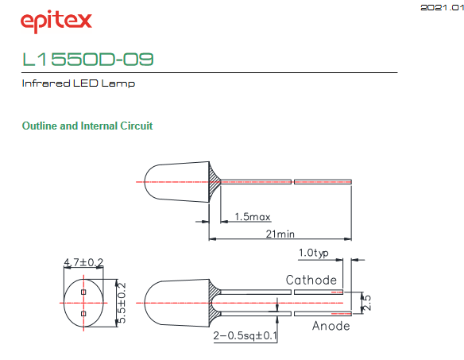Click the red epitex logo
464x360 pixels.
coord(56,21)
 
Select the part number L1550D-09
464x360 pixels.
coord(88,59)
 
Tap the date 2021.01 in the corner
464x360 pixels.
coord(442,7)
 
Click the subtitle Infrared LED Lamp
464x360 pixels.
coord(79,83)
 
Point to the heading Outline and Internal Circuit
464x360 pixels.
coord(87,126)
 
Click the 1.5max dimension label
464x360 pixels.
coord(253,217)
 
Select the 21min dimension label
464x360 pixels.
coord(280,234)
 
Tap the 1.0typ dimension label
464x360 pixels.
coord(313,254)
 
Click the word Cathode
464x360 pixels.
coord(311,280)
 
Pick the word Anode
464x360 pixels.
coord(331,326)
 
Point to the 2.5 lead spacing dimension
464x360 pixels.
coord(367,303)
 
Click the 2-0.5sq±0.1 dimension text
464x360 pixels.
coord(245,335)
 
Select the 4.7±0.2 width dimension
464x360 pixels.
coord(83,262)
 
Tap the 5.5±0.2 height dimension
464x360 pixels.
coord(122,303)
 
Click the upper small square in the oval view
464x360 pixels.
coord(83,292)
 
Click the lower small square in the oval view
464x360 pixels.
coord(83,314)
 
